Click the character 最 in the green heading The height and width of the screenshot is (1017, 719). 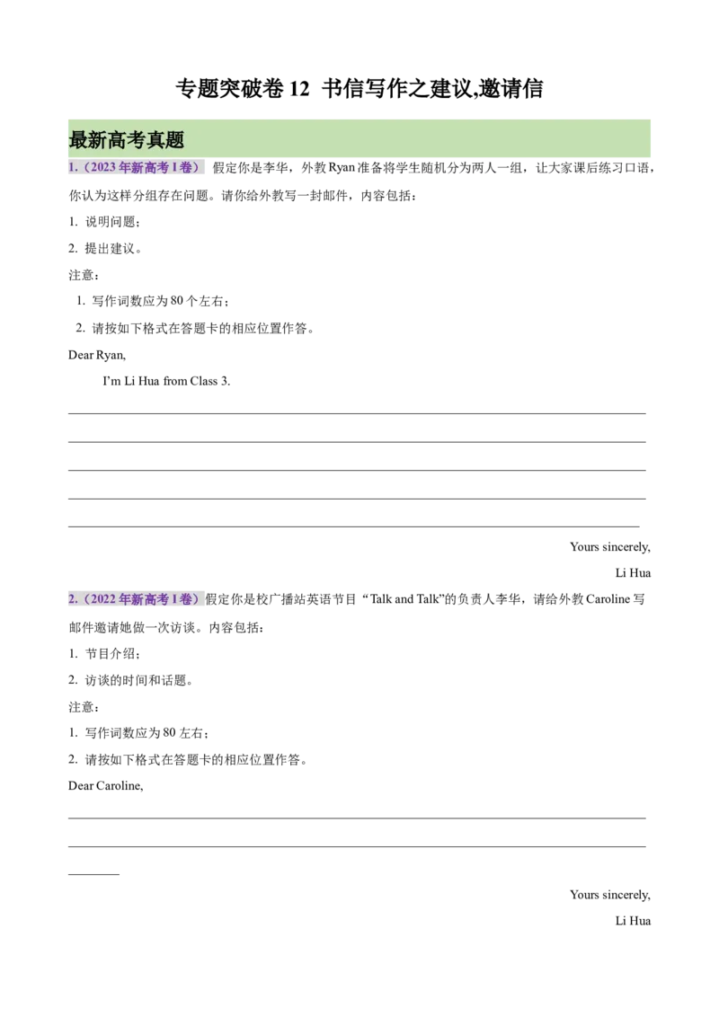(x=78, y=140)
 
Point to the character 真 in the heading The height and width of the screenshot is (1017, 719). (x=155, y=140)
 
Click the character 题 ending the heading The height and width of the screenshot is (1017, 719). (x=174, y=140)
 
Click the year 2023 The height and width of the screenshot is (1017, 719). (x=103, y=168)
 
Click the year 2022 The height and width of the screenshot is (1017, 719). (x=103, y=599)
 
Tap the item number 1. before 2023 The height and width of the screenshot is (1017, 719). (x=71, y=168)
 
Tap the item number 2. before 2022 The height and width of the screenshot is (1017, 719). (x=71, y=599)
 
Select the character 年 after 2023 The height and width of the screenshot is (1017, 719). (x=125, y=168)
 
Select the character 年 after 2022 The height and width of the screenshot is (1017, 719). (x=125, y=599)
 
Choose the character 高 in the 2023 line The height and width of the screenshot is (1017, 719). (x=150, y=168)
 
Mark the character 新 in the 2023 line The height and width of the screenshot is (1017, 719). (x=138, y=168)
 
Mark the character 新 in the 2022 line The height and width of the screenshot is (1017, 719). (x=138, y=599)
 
